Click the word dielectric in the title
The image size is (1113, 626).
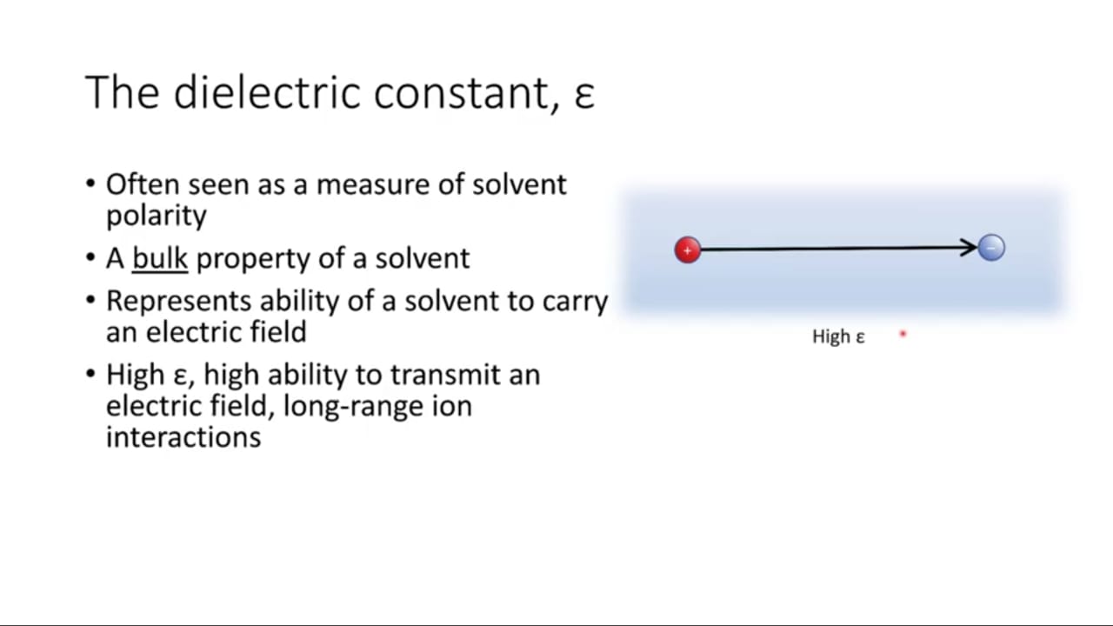pyautogui.click(x=267, y=92)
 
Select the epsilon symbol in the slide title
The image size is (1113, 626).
pyautogui.click(x=584, y=96)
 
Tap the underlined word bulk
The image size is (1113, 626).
pyautogui.click(x=160, y=258)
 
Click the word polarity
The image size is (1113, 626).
pyautogui.click(x=157, y=216)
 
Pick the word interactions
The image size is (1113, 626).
pyautogui.click(x=183, y=437)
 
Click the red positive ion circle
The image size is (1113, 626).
pyautogui.click(x=688, y=250)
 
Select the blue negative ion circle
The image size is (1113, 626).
pyautogui.click(x=991, y=248)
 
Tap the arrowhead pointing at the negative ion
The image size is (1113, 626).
pyautogui.click(x=968, y=248)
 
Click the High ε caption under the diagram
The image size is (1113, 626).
pyautogui.click(x=838, y=336)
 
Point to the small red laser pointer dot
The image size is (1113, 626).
pyautogui.click(x=903, y=334)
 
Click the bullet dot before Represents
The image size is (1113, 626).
pyautogui.click(x=90, y=300)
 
